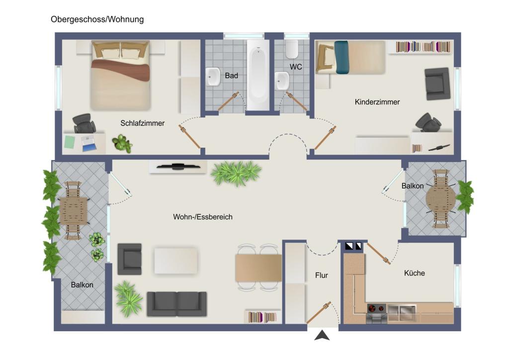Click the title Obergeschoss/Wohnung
click(x=97, y=19)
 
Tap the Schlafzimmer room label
click(x=142, y=123)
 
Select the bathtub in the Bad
click(x=258, y=75)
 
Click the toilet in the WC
click(x=291, y=49)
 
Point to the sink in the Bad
click(x=213, y=77)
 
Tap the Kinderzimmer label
click(x=377, y=102)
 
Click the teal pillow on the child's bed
click(x=341, y=57)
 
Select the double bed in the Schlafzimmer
click(x=121, y=75)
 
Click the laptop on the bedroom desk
click(x=88, y=144)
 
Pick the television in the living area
click(x=178, y=167)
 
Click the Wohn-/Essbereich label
click(x=203, y=217)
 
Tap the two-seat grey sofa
click(x=176, y=304)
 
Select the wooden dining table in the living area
click(x=258, y=268)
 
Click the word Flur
click(x=322, y=275)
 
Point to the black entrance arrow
click(x=322, y=335)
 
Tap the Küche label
click(x=415, y=273)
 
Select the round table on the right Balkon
click(x=441, y=199)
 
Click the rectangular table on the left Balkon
click(x=74, y=211)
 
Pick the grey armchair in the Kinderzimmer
click(x=437, y=84)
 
